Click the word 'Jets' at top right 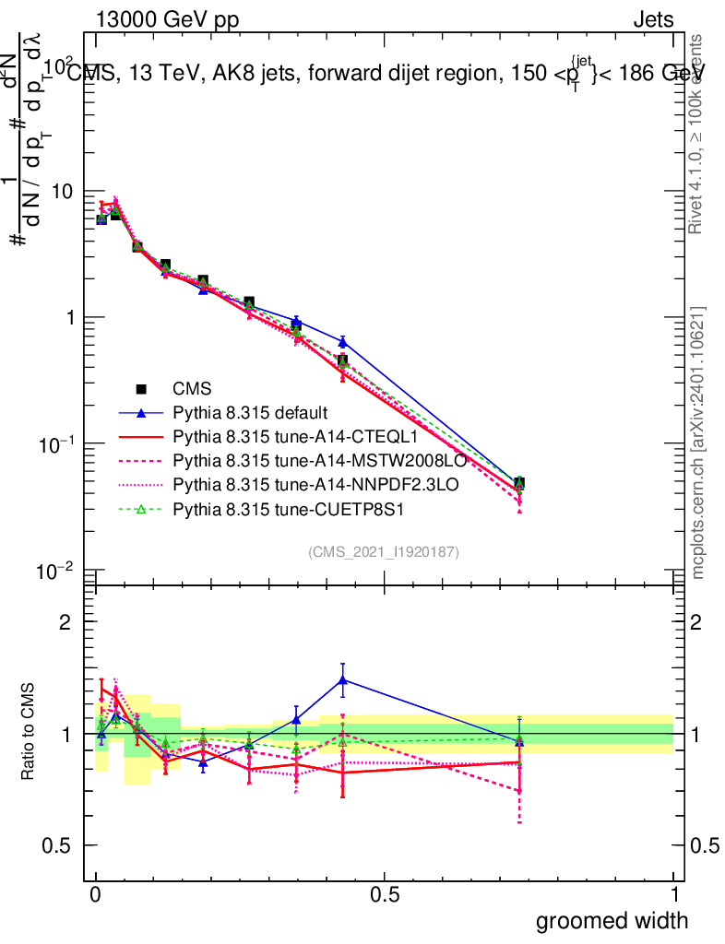(653, 19)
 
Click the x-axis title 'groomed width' (612, 920)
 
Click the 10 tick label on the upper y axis (64, 192)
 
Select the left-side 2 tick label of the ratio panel (65, 622)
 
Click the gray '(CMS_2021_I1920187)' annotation (384, 552)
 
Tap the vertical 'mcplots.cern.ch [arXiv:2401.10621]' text (698, 442)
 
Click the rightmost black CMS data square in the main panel (519, 483)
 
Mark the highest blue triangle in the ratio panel (343, 680)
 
